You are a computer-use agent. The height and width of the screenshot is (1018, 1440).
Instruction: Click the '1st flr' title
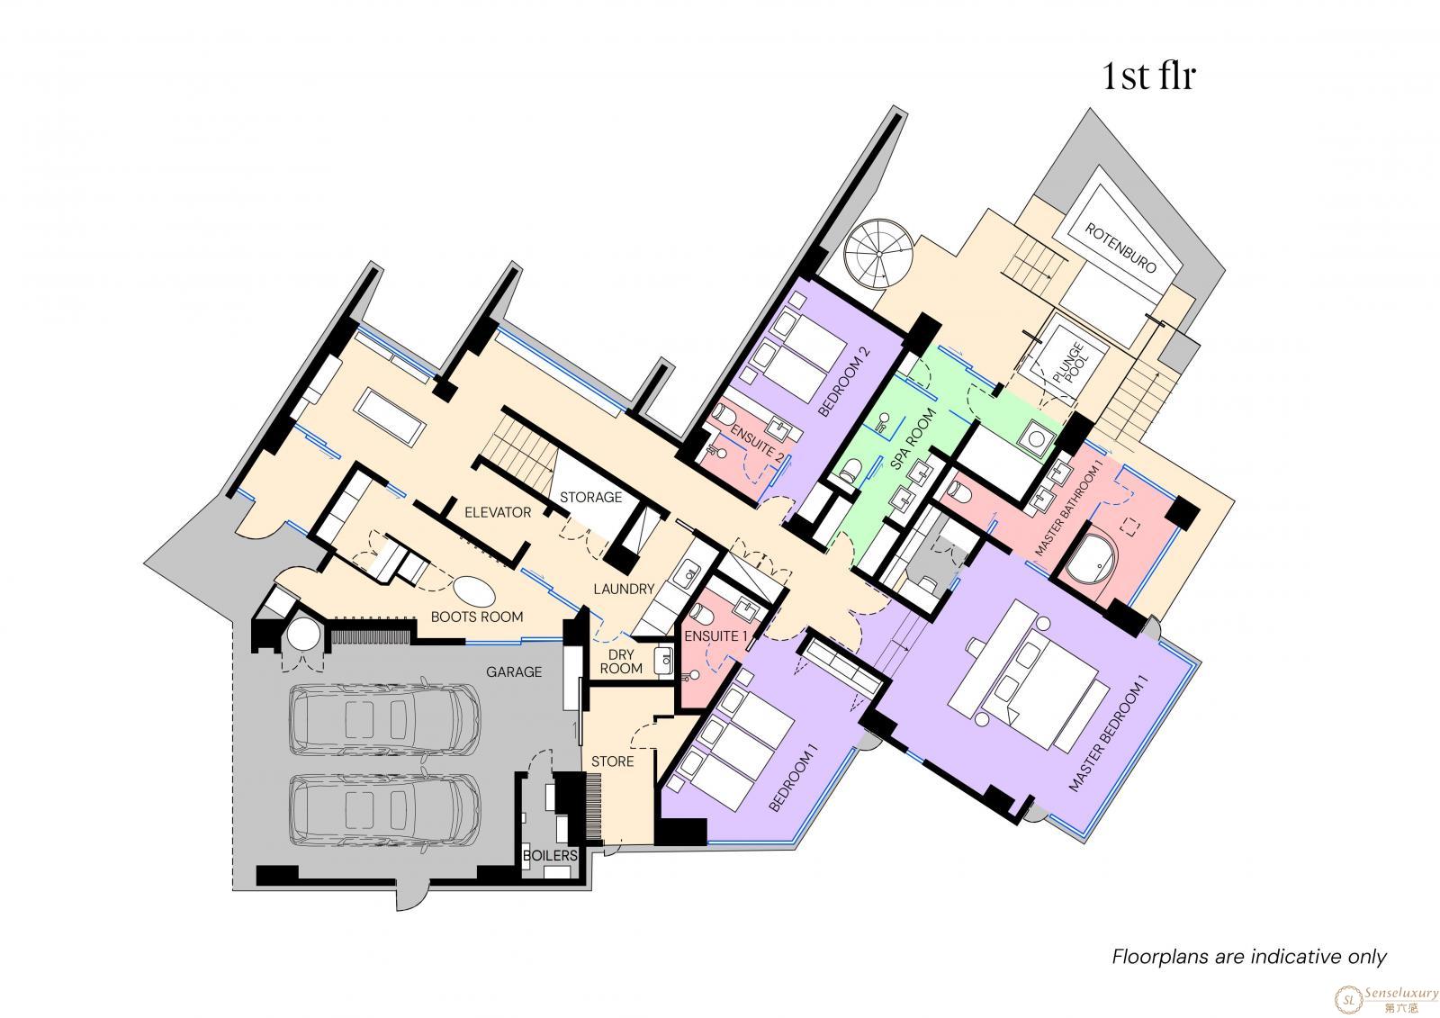pyautogui.click(x=1148, y=76)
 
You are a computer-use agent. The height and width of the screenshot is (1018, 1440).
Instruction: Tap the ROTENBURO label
pyautogui.click(x=1121, y=248)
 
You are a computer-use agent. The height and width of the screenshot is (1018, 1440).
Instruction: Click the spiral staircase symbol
pyautogui.click(x=878, y=253)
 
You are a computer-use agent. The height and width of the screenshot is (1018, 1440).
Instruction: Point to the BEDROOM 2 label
pyautogui.click(x=844, y=382)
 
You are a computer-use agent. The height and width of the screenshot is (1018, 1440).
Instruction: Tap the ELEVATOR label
pyautogui.click(x=498, y=512)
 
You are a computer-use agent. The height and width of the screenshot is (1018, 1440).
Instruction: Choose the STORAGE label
pyautogui.click(x=590, y=497)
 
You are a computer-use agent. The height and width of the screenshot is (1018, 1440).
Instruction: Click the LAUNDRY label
pyautogui.click(x=624, y=589)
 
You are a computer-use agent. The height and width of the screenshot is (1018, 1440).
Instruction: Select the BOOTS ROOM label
pyautogui.click(x=476, y=617)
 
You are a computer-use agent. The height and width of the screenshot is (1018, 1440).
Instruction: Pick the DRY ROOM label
pyautogui.click(x=621, y=661)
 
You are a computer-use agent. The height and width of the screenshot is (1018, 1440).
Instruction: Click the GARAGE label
pyautogui.click(x=514, y=672)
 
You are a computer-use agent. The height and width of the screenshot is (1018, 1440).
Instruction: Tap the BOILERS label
pyautogui.click(x=550, y=855)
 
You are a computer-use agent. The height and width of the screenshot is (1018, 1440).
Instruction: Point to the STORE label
pyautogui.click(x=612, y=761)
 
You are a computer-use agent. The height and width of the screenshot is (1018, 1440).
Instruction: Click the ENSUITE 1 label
pyautogui.click(x=715, y=636)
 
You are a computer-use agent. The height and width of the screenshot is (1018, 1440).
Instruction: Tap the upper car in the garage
pyautogui.click(x=384, y=718)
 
